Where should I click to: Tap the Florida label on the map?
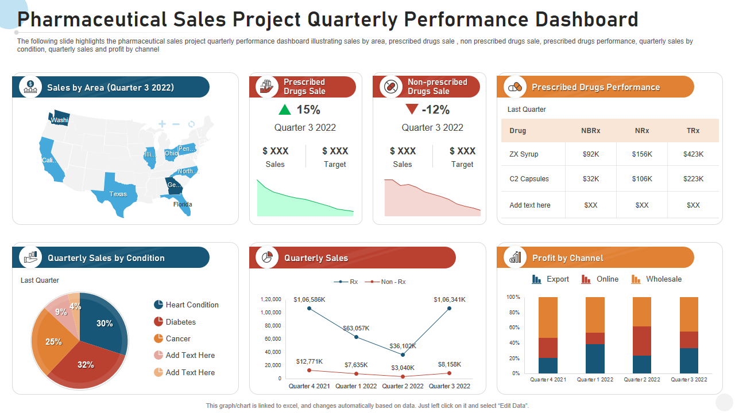click(183, 204)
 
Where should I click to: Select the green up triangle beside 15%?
click(285, 110)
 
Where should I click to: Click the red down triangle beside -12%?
click(412, 109)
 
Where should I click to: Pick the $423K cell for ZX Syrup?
click(693, 154)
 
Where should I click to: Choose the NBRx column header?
click(590, 131)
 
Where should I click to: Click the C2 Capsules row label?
click(529, 179)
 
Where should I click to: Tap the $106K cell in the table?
click(642, 179)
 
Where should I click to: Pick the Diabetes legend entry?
click(180, 322)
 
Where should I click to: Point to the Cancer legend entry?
click(178, 339)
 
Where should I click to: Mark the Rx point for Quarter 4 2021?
click(309, 309)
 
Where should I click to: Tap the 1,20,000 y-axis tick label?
click(271, 299)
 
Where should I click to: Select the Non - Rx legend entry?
click(393, 282)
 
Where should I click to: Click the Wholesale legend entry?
click(663, 279)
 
